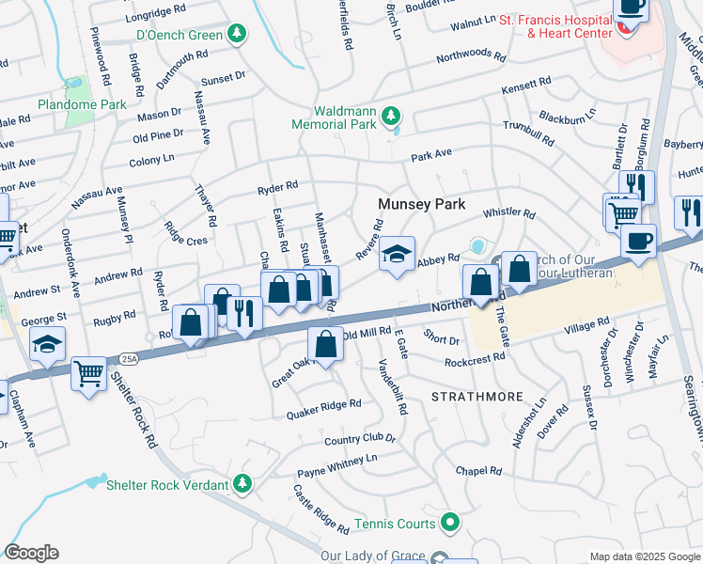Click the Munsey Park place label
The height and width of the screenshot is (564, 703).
pos(421,204)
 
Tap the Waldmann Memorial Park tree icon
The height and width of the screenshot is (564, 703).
pos(392,117)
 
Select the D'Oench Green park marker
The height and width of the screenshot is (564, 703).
pos(239,36)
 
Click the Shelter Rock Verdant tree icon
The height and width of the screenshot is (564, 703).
pos(242,484)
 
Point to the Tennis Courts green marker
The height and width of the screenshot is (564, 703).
pos(451,523)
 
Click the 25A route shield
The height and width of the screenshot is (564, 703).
pos(128,358)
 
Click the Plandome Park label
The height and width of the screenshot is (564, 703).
pos(82,104)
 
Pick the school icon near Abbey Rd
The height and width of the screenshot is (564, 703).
pos(398,253)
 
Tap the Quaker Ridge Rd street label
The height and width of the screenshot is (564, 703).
pos(324,405)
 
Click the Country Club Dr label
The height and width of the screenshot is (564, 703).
pos(359,438)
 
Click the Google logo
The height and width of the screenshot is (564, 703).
pos(31,553)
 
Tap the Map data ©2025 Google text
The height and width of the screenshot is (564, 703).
pos(645,556)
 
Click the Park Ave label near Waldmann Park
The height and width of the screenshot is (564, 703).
pos(431,153)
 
